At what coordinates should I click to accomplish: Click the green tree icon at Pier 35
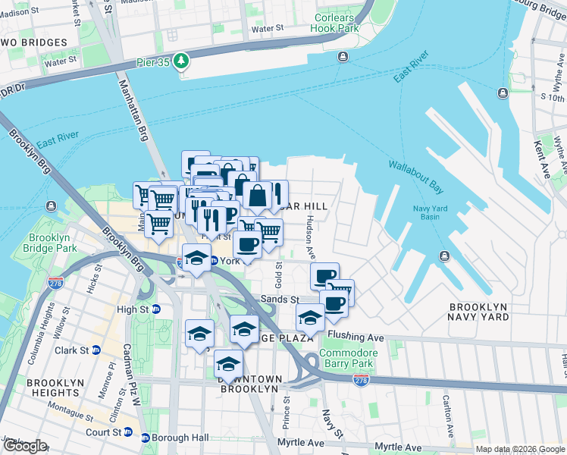pyautogui.click(x=182, y=60)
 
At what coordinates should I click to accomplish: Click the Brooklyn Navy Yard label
pyautogui.click(x=478, y=312)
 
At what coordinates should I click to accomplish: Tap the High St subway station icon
pyautogui.click(x=156, y=309)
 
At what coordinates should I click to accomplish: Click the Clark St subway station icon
pyautogui.click(x=96, y=350)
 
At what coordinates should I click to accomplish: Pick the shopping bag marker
pyautogui.click(x=258, y=196)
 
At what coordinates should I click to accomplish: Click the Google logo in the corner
pyautogui.click(x=25, y=446)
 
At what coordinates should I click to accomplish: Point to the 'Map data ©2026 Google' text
pyautogui.click(x=519, y=449)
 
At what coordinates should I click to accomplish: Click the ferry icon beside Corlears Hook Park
pyautogui.click(x=343, y=56)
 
